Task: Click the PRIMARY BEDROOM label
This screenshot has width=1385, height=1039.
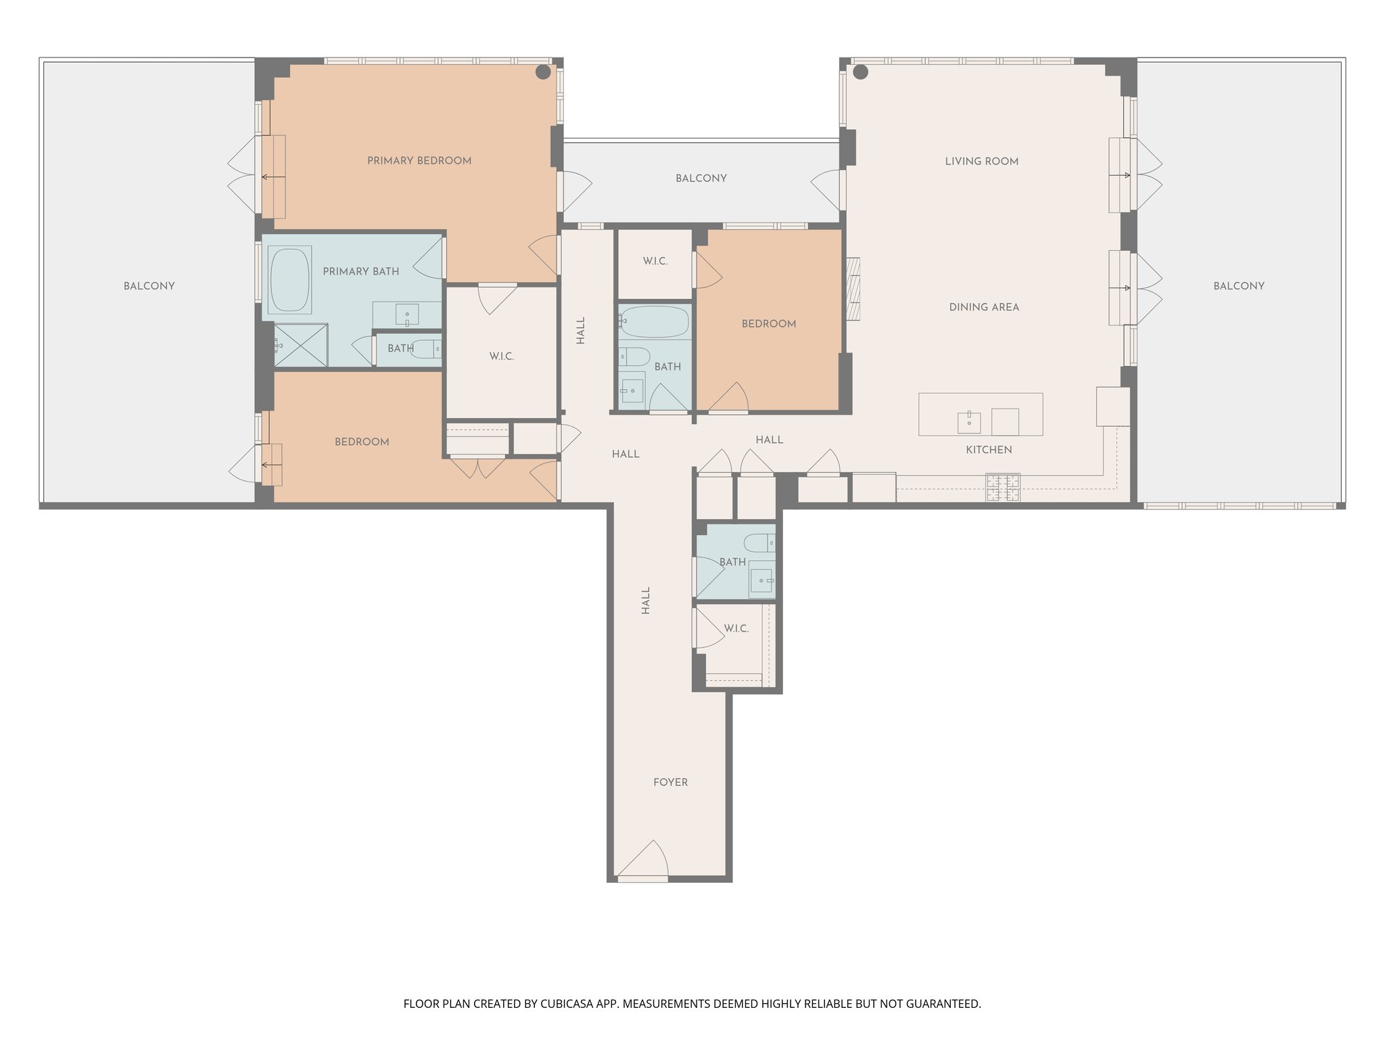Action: pos(419,161)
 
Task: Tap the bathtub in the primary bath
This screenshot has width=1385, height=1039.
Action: pos(290,279)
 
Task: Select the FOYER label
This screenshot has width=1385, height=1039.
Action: pos(670,783)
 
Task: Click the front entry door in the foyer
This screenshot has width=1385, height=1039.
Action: pos(643,862)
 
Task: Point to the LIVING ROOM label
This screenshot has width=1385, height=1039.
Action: pos(981,162)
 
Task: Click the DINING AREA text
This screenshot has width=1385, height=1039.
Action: pos(983,307)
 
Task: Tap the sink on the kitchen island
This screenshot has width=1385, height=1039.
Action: pos(969,422)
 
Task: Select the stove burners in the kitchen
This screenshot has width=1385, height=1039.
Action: pos(1003,488)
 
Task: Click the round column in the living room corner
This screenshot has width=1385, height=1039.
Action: pos(860,72)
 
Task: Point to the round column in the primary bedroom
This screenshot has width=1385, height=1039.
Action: pos(543,72)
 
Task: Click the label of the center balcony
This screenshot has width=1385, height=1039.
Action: pos(701,179)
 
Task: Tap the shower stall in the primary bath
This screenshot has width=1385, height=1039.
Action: pos(300,346)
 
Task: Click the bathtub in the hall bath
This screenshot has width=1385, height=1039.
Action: pos(654,322)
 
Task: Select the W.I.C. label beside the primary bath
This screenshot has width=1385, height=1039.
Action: pos(502,356)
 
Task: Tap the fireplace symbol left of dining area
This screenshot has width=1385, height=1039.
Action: pos(853,289)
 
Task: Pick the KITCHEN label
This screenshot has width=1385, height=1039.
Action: pos(988,450)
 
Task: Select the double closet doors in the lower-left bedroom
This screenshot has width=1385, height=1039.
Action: pos(477,467)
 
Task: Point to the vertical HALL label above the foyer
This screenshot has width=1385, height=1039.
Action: pos(645,600)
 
